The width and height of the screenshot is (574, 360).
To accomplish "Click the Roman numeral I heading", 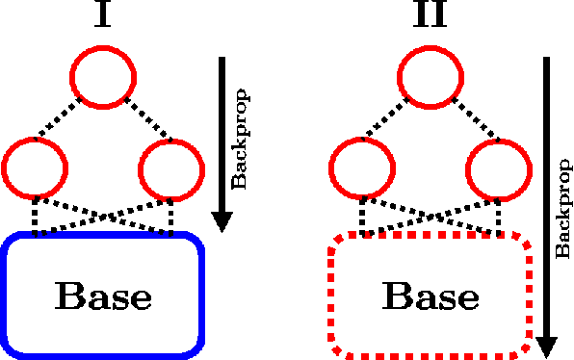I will pos(103,17).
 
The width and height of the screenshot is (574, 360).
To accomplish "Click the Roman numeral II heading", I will pos(430,17).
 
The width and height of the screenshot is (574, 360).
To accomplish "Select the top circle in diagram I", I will pos(103,75).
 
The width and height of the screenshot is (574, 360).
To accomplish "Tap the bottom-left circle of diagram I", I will pos(36,168).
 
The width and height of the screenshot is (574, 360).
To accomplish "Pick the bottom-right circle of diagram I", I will pos(170,168).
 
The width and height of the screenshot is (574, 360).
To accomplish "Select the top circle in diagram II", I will pos(430,75).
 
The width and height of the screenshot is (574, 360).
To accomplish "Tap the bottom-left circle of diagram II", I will pos(361,168).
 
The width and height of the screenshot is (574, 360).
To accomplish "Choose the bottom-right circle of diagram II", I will pos(498,168).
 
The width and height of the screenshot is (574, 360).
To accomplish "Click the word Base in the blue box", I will pos(103,296).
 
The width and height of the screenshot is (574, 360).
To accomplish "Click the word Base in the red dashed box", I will pos(430,296).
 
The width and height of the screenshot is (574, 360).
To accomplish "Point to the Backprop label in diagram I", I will pos(241,139).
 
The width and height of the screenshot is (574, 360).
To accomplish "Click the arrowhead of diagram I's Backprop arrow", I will pos(222,220).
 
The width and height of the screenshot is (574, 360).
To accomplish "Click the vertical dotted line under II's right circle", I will pos(498,215).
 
